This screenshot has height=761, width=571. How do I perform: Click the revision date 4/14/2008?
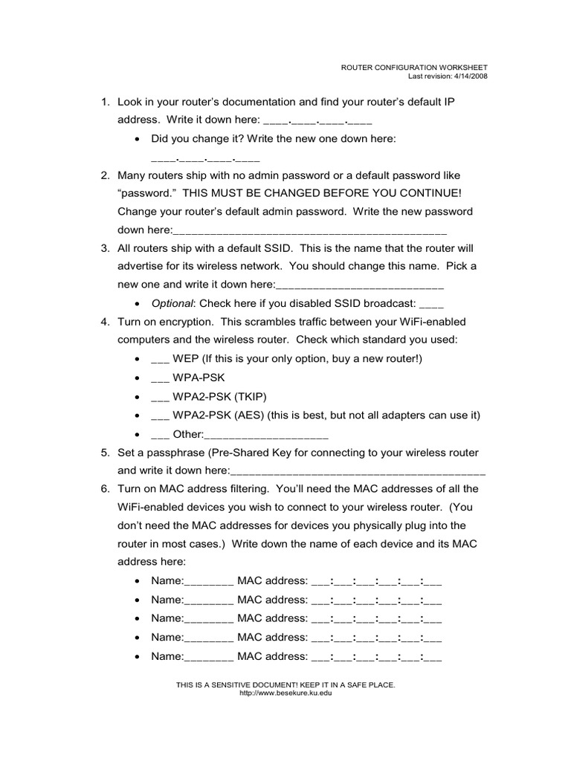tap(468, 75)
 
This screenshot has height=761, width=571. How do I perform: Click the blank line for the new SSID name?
tap(360, 285)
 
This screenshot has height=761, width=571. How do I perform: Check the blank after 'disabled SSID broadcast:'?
tap(431, 304)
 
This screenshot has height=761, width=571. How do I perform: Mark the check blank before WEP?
tap(160, 359)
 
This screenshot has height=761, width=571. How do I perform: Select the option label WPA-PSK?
tap(199, 378)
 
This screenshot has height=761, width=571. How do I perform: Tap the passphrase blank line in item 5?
tap(358, 471)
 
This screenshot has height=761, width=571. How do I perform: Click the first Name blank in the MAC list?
tap(208, 581)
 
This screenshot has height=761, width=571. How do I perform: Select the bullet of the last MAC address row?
tap(139, 657)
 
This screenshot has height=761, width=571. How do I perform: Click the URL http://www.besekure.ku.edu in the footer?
tap(285, 693)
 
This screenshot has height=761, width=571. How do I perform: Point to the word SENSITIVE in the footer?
tap(235, 684)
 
